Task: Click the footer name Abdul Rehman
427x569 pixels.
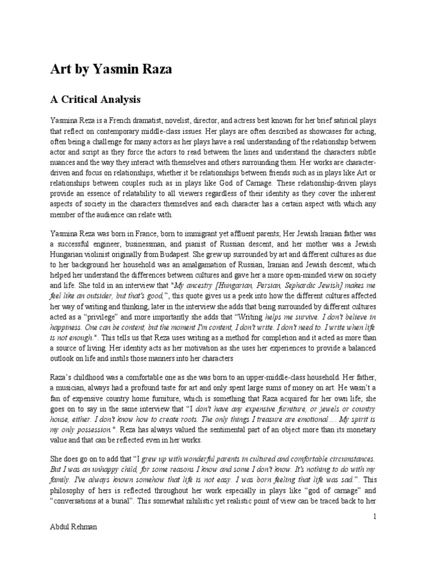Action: point(73,526)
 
